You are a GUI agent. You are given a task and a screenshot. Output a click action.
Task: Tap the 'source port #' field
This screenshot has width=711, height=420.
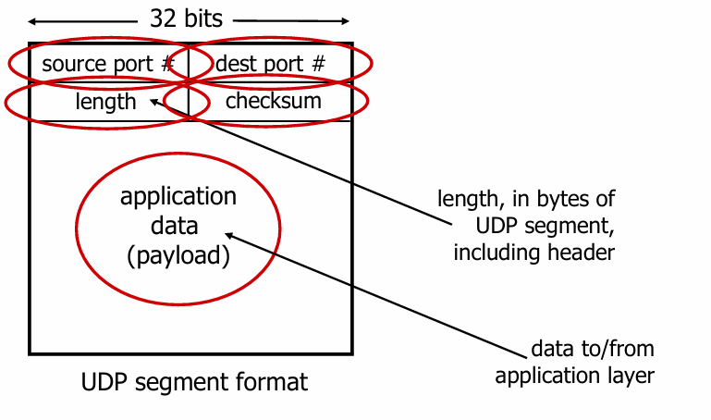click(109, 65)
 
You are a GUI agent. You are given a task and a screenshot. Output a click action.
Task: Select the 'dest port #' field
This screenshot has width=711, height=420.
click(270, 65)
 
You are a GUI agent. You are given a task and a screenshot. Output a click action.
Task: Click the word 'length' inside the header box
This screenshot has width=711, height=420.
click(106, 101)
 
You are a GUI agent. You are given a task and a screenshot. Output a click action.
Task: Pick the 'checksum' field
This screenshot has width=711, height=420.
click(273, 101)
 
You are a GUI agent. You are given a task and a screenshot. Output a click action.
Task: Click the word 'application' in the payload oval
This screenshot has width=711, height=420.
click(178, 197)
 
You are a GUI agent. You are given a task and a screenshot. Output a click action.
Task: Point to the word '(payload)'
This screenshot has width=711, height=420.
click(178, 254)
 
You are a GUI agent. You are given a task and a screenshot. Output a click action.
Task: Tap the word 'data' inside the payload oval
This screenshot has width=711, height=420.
click(177, 226)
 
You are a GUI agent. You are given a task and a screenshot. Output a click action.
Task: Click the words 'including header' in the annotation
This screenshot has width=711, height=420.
click(534, 252)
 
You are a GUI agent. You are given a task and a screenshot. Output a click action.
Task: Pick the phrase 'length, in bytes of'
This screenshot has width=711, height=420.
click(527, 199)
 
